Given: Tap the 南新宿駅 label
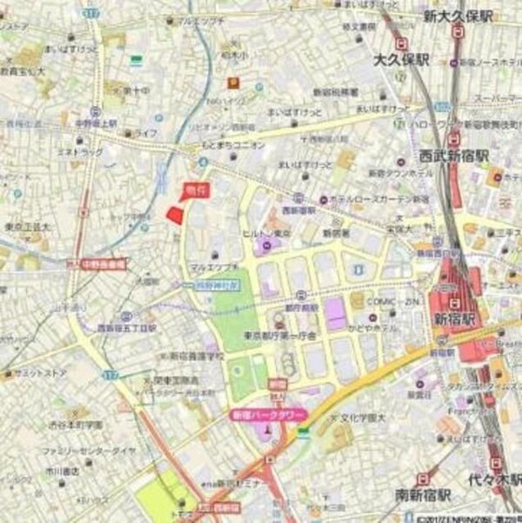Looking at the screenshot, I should (424, 495).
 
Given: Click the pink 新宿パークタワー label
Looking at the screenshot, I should (266, 417).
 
